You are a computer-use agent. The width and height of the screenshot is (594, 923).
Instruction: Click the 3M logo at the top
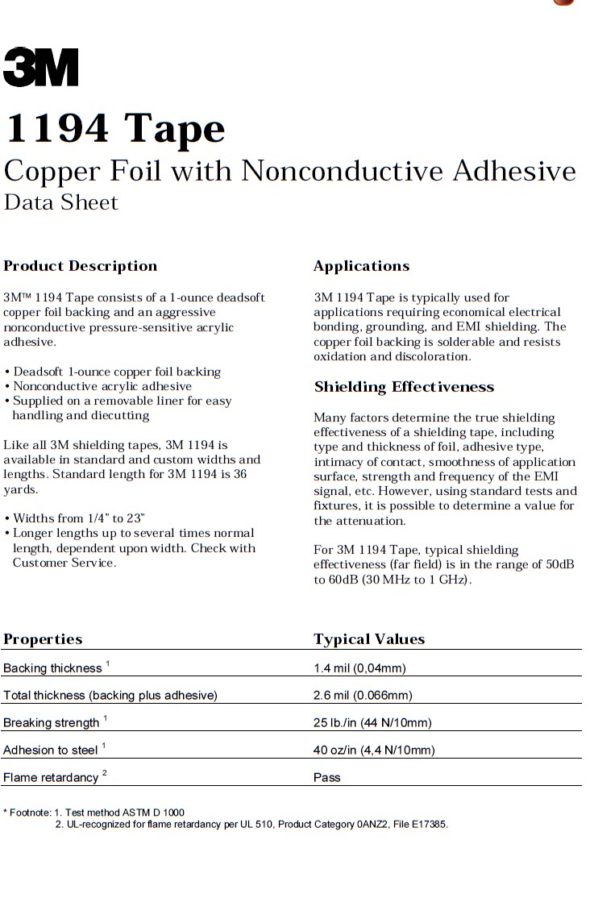(40, 68)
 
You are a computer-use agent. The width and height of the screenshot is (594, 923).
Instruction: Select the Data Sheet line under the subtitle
(61, 202)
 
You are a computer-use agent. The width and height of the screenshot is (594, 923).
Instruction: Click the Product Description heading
(81, 266)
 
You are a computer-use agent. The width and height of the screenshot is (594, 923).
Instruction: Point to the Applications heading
(361, 266)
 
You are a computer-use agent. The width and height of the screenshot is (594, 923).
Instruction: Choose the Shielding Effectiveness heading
(404, 387)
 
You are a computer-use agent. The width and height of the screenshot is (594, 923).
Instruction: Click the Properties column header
(43, 639)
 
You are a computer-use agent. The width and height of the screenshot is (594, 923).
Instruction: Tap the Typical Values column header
(369, 639)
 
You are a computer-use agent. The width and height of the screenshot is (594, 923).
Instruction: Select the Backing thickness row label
(53, 668)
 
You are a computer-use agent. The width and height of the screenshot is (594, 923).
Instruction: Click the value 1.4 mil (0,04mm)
(359, 668)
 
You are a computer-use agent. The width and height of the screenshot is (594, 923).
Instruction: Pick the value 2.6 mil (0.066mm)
(363, 695)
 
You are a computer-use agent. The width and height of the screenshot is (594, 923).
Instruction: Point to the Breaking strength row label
(52, 722)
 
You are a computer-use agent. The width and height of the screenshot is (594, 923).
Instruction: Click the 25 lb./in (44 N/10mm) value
(372, 722)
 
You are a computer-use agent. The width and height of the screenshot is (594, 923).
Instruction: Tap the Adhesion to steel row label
(51, 750)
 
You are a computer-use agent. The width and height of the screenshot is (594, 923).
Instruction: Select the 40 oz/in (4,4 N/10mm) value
(374, 750)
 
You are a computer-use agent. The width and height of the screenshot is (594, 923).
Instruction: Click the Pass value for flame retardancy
(327, 777)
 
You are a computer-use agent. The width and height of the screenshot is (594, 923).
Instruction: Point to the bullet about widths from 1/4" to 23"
(79, 518)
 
